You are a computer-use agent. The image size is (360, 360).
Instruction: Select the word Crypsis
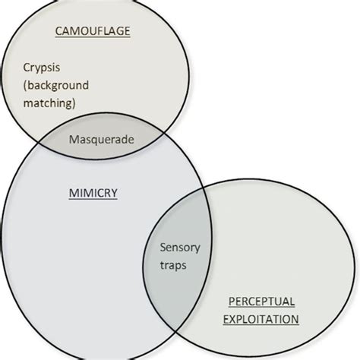40,67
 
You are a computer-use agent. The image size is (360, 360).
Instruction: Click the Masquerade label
101,139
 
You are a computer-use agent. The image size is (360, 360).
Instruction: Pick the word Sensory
177,248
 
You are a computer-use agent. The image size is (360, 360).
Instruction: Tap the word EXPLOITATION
261,318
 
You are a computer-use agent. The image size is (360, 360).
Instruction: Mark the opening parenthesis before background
25,84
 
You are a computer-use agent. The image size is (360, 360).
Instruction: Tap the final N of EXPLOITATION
295,318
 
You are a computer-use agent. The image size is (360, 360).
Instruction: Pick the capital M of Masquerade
73,139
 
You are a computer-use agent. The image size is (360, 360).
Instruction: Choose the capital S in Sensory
163,248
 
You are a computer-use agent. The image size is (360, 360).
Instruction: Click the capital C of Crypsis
26,67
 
